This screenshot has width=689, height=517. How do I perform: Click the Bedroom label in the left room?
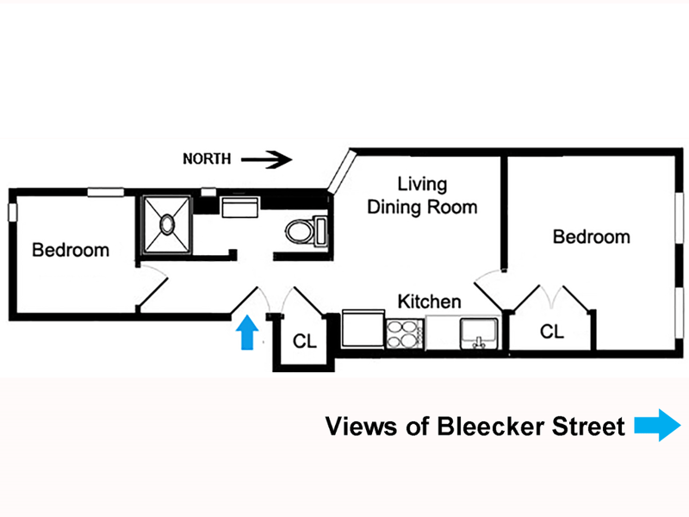tap(71, 251)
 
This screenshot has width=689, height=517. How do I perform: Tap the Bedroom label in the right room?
tap(591, 236)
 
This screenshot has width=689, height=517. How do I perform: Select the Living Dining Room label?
tap(422, 196)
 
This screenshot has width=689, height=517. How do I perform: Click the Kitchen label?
tap(429, 302)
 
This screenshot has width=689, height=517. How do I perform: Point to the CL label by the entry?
tap(305, 341)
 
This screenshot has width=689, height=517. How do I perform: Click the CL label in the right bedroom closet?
tap(552, 331)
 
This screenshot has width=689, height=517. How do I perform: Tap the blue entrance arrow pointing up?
tap(248, 332)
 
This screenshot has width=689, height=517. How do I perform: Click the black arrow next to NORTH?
tap(266, 159)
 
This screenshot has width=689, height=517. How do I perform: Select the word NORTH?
tap(207, 159)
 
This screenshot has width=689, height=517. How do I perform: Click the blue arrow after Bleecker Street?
tap(656, 426)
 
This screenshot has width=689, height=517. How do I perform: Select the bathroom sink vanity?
tap(241, 209)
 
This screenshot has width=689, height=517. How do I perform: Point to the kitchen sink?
tap(480, 333)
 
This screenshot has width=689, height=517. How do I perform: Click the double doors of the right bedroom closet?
tap(552, 297)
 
